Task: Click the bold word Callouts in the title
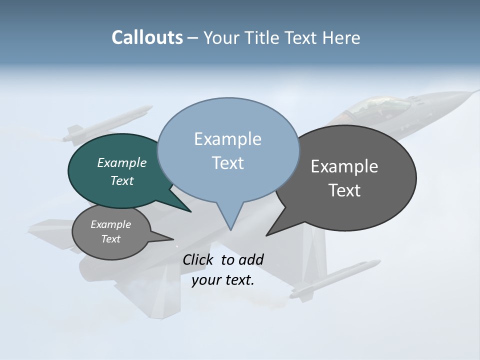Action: coord(147,37)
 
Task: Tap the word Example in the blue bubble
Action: coord(227,139)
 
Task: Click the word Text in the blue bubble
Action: coord(227,163)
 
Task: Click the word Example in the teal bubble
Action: coord(122,162)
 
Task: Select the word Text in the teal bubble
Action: coord(122,180)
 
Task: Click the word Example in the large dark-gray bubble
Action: coord(344,166)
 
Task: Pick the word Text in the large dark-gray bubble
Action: coord(344,190)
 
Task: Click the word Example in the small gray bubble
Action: coord(111,224)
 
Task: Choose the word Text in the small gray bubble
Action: coord(111,239)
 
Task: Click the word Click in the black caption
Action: coord(199,259)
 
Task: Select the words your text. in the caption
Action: coord(223,280)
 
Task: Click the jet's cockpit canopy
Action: coord(380,106)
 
